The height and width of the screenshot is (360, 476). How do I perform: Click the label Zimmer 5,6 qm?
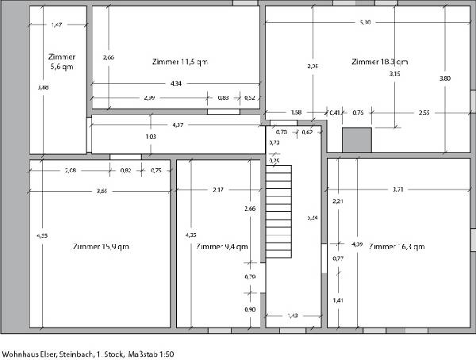click(61, 63)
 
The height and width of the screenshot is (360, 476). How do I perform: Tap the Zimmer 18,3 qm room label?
click(379, 61)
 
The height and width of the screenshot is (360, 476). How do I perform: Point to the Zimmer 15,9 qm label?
click(100, 247)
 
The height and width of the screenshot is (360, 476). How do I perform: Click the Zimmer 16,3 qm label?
click(393, 247)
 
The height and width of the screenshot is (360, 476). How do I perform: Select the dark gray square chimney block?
click(356, 140)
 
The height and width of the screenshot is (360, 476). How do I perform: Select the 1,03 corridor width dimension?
click(151, 136)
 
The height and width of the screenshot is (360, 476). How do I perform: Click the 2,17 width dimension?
click(218, 190)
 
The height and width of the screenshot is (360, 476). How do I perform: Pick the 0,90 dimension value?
click(251, 309)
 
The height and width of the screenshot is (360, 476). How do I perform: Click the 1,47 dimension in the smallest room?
click(56, 26)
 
